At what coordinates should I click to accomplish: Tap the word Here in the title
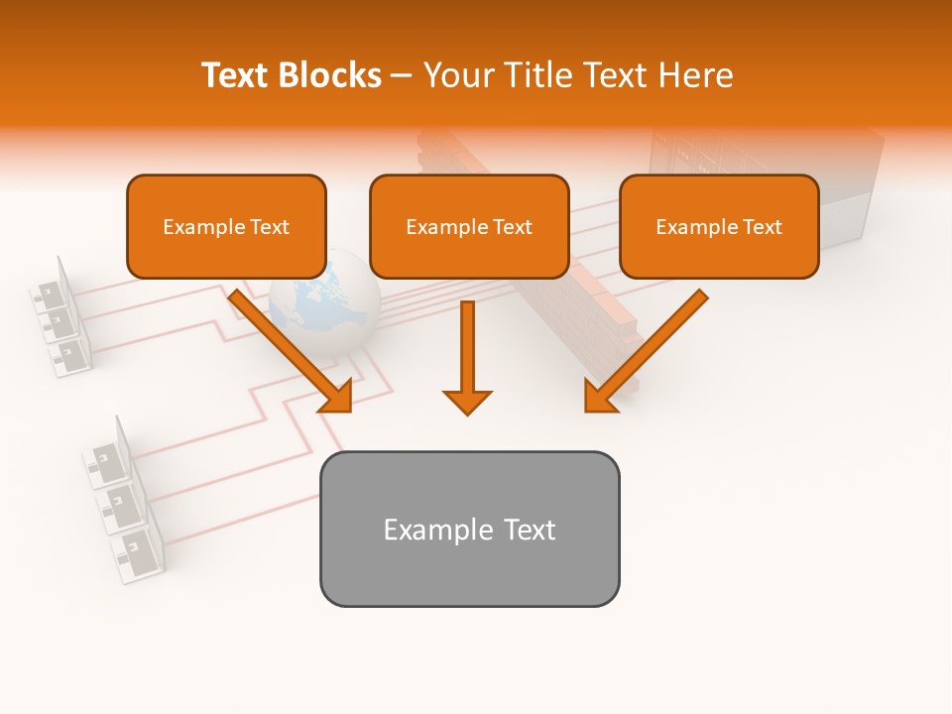(694, 75)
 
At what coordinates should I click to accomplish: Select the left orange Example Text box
(226, 226)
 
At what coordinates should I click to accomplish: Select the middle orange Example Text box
(469, 226)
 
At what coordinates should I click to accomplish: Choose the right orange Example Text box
(719, 226)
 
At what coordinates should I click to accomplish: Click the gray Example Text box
(469, 529)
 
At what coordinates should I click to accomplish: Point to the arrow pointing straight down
(467, 357)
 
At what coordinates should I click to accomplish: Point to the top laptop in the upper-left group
(50, 288)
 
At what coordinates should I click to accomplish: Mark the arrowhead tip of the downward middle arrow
(467, 413)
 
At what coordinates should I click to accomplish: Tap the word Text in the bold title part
(235, 75)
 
